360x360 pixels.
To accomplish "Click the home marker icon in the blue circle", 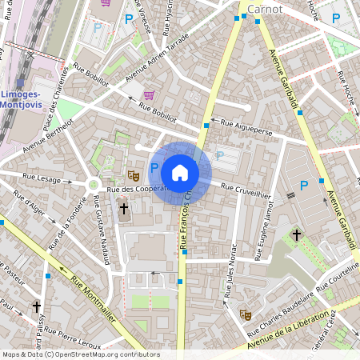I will pyautogui.click(x=180, y=172).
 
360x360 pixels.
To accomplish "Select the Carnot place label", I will pyautogui.click(x=266, y=9).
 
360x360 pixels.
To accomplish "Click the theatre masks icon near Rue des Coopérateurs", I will pyautogui.click(x=134, y=173).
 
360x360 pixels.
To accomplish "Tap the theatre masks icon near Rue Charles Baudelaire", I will pyautogui.click(x=246, y=314).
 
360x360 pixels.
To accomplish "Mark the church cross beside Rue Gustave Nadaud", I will pyautogui.click(x=123, y=210).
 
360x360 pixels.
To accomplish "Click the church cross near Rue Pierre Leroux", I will pyautogui.click(x=37, y=306).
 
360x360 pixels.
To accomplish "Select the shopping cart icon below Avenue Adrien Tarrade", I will pyautogui.click(x=148, y=94).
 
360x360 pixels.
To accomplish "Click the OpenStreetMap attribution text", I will pyautogui.click(x=80, y=354).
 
